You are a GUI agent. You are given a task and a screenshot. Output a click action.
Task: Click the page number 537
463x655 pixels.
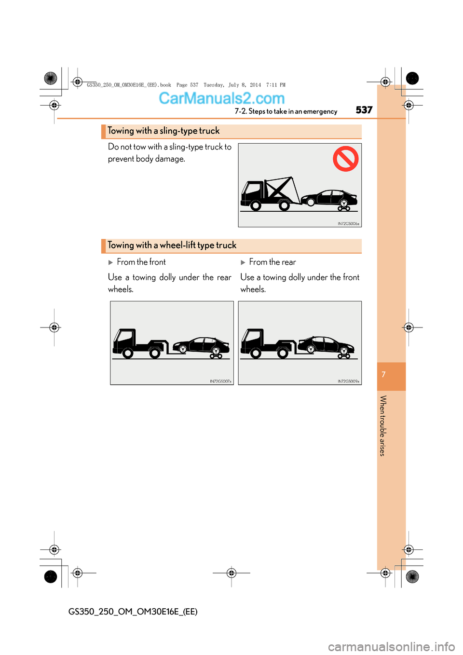364,110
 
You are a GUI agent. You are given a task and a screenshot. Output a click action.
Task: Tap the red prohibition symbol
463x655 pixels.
345,159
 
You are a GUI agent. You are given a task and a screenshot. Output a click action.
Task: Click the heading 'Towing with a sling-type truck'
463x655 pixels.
163,131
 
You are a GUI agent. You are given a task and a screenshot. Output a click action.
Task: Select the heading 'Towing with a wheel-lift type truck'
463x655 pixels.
172,246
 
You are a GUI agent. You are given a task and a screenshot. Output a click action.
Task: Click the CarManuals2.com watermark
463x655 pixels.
222,98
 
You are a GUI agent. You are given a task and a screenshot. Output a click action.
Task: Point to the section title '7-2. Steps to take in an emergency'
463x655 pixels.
286,111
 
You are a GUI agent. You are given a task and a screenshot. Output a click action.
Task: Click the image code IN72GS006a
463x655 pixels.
348,224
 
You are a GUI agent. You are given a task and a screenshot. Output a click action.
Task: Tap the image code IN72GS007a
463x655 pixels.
220,382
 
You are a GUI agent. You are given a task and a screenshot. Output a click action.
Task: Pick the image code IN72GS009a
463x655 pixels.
348,382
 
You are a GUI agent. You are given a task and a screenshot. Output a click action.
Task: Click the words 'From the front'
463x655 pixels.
141,262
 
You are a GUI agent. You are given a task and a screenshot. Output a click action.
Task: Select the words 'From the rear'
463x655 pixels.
272,262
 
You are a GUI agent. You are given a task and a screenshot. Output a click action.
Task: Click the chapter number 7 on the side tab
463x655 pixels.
383,375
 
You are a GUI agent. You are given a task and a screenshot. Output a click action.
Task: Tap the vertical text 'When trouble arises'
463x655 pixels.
383,425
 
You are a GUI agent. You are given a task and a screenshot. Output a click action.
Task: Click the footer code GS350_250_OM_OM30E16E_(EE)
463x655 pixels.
133,612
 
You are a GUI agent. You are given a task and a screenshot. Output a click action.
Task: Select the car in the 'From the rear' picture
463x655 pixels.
326,345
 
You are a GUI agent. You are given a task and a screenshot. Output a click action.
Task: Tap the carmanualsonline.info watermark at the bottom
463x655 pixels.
391,646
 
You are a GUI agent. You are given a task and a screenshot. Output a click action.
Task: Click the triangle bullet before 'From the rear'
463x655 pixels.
243,262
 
